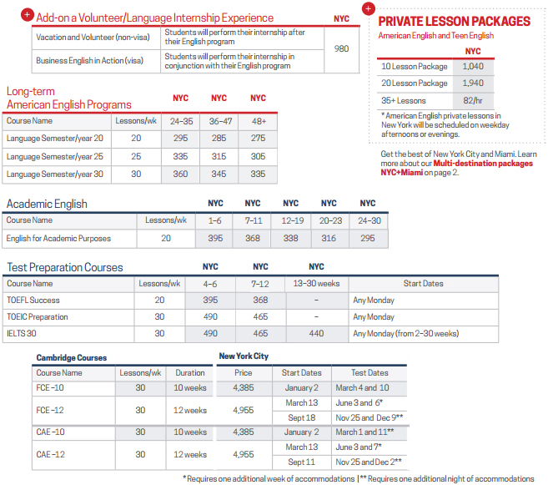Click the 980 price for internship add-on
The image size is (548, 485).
(341, 48)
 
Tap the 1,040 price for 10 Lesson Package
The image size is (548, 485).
(472, 66)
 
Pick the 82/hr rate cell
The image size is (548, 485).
(472, 100)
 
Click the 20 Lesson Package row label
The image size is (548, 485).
(415, 83)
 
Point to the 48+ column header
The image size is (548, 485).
(258, 121)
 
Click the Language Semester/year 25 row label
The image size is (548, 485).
(55, 156)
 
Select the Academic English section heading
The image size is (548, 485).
(47, 204)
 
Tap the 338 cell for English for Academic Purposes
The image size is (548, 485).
(290, 238)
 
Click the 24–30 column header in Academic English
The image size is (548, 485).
(367, 220)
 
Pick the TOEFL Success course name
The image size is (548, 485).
(33, 301)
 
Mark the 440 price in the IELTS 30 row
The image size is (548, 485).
(316, 333)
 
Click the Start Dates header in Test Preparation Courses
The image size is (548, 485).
(423, 284)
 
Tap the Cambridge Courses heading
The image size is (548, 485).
(72, 357)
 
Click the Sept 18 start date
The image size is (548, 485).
(301, 417)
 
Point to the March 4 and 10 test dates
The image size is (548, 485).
(362, 387)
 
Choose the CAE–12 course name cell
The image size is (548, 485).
(50, 454)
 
